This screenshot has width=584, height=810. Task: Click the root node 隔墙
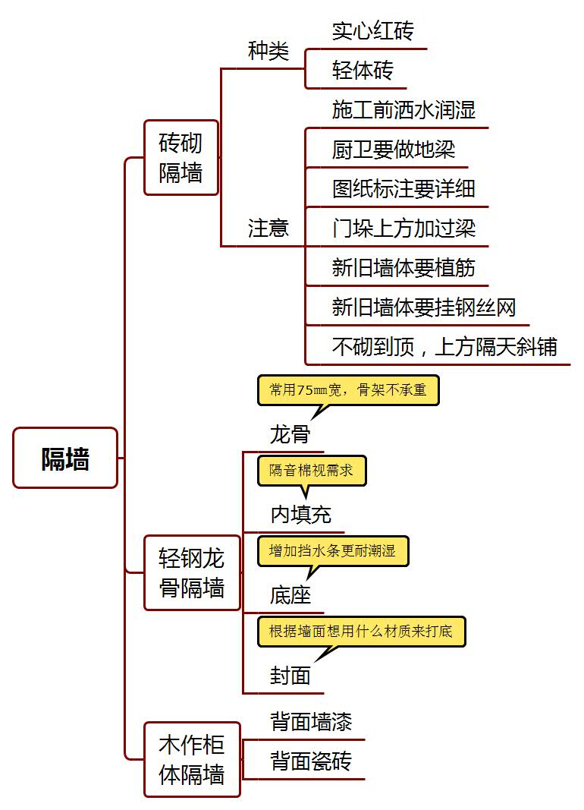tap(65, 458)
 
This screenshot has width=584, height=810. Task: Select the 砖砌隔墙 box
tap(181, 158)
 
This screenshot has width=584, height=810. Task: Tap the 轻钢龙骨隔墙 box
tap(192, 573)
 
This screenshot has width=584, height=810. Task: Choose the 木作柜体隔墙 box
tap(192, 759)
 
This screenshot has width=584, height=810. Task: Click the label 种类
tap(268, 51)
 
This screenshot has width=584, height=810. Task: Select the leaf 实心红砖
tap(373, 31)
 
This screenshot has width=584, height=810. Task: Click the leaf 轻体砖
tap(363, 71)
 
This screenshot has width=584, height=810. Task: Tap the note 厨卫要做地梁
tap(394, 150)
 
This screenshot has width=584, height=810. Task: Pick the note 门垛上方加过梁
tap(404, 229)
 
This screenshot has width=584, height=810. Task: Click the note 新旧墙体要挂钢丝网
tap(424, 307)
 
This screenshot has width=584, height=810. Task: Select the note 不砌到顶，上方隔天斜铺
tap(444, 347)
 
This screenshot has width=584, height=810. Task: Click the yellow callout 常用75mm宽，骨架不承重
tap(348, 390)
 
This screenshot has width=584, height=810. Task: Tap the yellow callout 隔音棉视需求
tap(312, 471)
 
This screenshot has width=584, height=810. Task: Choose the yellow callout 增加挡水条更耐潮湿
tap(333, 551)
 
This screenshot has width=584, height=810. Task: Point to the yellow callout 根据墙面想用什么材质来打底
tap(361, 632)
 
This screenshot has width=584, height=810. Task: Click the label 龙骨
tap(290, 434)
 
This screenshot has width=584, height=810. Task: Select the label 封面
tap(290, 676)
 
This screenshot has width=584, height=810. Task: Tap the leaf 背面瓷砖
tap(311, 761)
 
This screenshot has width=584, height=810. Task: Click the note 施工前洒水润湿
tap(404, 110)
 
